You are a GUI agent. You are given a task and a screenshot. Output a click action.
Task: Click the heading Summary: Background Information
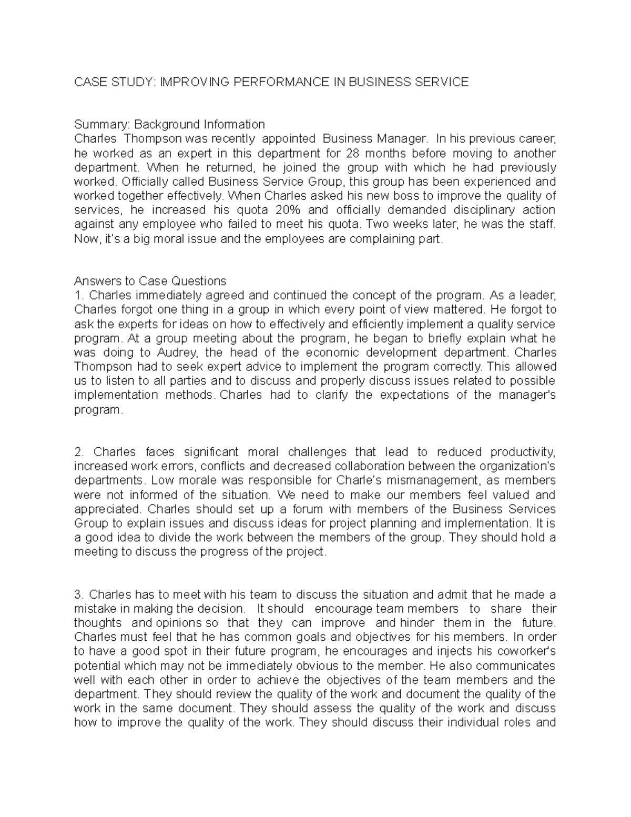pyautogui.click(x=169, y=125)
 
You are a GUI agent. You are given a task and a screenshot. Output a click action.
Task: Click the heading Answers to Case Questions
pyautogui.click(x=150, y=280)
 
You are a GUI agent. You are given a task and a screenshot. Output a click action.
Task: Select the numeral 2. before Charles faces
pyautogui.click(x=79, y=452)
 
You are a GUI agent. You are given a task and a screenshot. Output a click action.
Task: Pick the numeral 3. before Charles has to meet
pyautogui.click(x=79, y=594)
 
